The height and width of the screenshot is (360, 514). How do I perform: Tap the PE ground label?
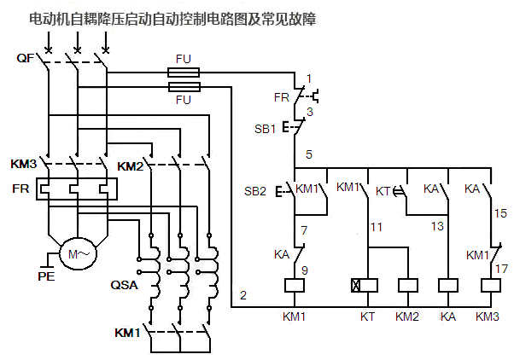[x=46, y=276]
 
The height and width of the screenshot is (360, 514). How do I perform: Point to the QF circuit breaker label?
[x=26, y=58]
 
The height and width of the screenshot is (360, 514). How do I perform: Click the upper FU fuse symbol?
[x=183, y=74]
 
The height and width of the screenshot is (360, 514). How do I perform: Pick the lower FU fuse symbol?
[x=183, y=88]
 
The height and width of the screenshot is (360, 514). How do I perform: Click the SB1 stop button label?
[x=266, y=130]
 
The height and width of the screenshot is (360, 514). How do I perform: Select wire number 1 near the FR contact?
[x=309, y=79]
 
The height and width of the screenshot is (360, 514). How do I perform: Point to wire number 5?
[x=309, y=154]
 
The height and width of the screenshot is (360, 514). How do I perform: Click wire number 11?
[x=376, y=227]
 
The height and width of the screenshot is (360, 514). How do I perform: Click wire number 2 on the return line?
[x=243, y=295]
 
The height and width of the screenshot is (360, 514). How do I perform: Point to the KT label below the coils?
[x=366, y=316]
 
